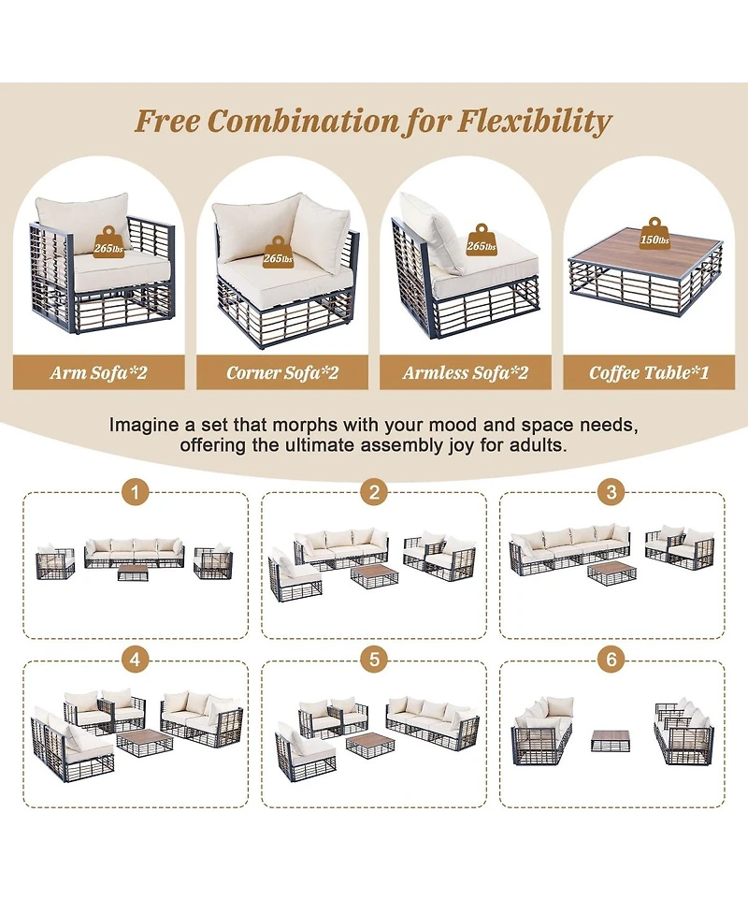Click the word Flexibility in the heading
535,122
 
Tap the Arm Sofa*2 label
98,372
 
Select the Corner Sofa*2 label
282,372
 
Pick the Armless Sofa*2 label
465,372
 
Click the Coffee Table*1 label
648,372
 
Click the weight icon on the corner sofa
278,252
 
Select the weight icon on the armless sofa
482,239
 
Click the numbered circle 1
136,493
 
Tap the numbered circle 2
374,493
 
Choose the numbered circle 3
611,493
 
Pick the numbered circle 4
136,660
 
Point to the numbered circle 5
374,660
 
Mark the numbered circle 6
611,660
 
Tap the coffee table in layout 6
610,741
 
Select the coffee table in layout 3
611,573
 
